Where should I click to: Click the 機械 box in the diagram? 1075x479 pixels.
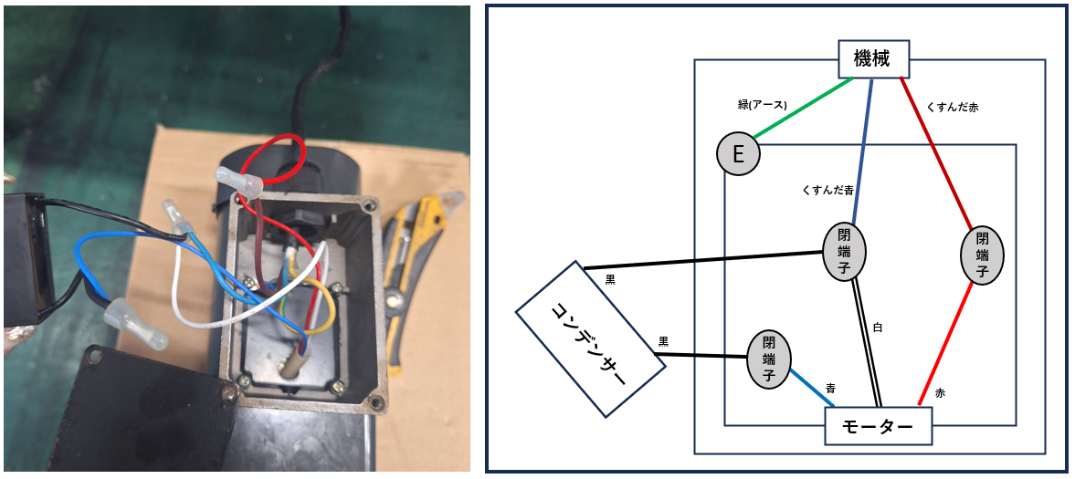[x=874, y=59]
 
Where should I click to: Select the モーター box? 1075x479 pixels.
[x=878, y=426]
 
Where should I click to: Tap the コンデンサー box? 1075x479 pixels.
[x=590, y=338]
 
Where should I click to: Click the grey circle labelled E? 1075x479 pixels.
[x=738, y=153]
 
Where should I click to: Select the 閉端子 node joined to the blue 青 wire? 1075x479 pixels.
[x=768, y=358]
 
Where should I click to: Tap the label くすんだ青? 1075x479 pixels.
[x=827, y=191]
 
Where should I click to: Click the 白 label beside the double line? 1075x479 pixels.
[x=878, y=327]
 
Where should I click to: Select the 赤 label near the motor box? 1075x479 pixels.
[x=940, y=392]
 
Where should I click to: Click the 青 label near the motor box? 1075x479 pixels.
[x=830, y=389]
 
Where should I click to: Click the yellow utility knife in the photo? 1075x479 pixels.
[x=407, y=274]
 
